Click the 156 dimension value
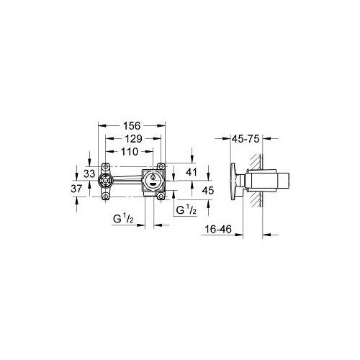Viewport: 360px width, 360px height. [132, 126]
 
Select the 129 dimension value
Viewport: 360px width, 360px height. [133, 139]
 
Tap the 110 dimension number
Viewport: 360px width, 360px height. [130, 152]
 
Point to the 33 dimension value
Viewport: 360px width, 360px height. [89, 174]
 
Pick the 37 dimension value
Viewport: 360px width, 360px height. [76, 189]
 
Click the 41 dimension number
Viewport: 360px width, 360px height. [192, 172]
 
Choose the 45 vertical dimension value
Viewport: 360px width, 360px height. [208, 191]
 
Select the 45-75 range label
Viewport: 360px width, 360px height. [246, 139]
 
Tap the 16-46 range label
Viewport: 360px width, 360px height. [218, 229]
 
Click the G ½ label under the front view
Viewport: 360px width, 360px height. [123, 219]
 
